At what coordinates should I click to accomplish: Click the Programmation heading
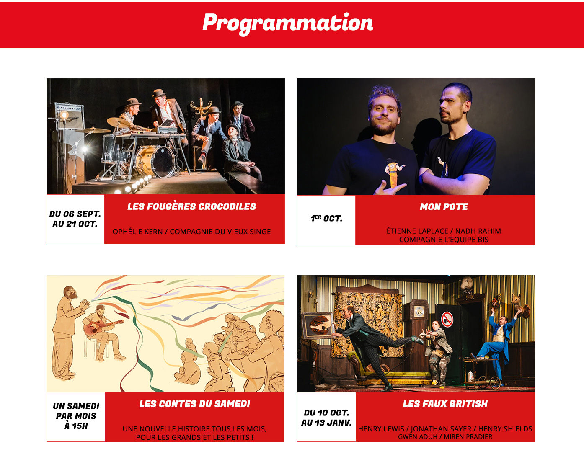click(288, 23)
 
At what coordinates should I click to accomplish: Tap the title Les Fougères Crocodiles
click(191, 206)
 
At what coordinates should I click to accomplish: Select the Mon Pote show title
click(444, 207)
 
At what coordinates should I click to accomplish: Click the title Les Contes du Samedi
click(194, 404)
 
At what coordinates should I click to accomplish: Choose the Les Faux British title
click(445, 404)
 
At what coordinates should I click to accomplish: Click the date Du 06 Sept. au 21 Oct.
click(75, 219)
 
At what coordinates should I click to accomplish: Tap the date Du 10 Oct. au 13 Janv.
click(326, 418)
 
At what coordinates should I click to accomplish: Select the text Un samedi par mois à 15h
click(76, 416)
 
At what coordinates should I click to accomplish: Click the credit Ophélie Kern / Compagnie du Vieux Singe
click(191, 232)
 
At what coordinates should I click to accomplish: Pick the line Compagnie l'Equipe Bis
click(444, 240)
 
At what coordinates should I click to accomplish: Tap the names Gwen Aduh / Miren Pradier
click(445, 436)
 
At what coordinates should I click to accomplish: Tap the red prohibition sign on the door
click(447, 320)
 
